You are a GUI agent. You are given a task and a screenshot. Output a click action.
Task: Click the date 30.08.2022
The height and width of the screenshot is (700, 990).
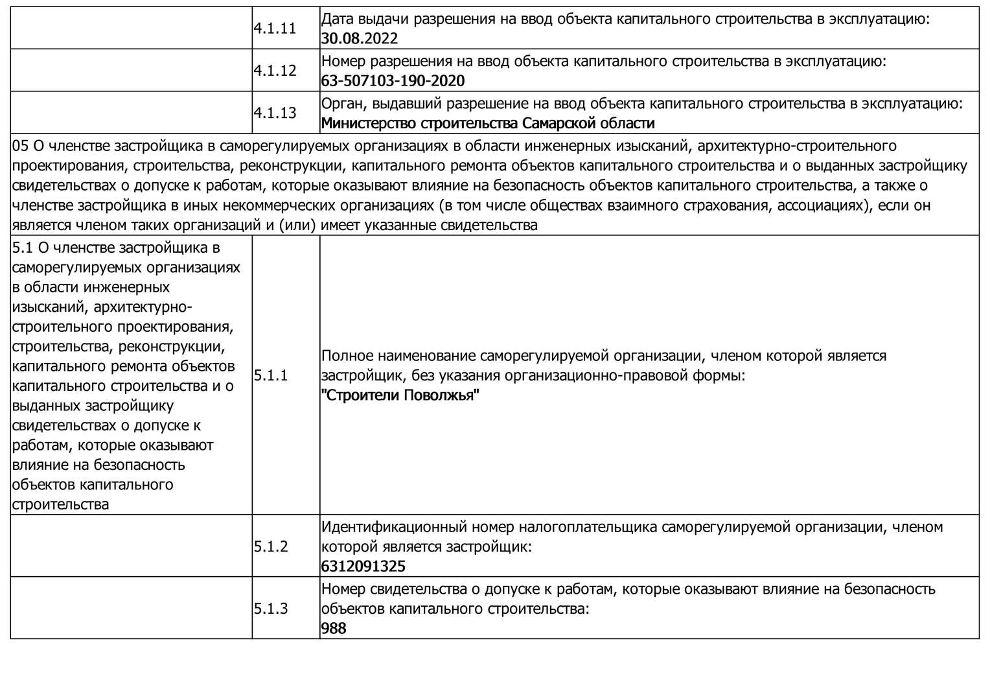tap(360, 39)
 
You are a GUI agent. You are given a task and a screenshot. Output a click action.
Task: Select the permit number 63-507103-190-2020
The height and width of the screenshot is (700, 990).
tap(393, 81)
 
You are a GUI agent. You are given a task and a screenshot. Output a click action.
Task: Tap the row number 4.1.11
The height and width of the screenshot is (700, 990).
tap(275, 29)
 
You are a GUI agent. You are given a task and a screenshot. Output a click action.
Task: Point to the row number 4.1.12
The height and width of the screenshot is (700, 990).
tap(275, 71)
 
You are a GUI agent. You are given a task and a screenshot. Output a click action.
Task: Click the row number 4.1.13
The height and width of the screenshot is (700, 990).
tap(275, 113)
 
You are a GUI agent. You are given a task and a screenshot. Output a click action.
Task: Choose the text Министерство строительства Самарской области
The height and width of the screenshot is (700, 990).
tap(488, 123)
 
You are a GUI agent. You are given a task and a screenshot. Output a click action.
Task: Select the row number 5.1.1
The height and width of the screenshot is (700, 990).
tap(271, 375)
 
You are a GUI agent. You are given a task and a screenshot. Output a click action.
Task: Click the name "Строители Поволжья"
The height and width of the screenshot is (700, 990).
tap(400, 395)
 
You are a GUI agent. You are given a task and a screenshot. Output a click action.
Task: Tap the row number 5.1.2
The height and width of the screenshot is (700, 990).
tap(271, 546)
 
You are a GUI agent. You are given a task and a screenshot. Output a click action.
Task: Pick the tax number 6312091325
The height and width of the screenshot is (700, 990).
tap(363, 566)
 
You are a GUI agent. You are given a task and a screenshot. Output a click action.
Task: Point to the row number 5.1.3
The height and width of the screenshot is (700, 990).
tap(271, 609)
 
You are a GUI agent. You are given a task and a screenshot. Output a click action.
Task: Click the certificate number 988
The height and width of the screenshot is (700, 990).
tap(334, 629)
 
